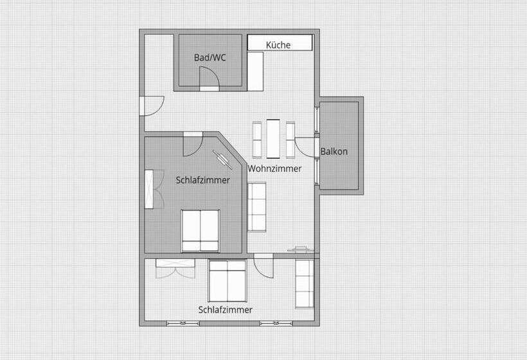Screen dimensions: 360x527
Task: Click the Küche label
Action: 278,45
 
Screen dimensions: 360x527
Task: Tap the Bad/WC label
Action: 210,58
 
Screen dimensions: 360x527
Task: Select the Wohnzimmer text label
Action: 274,168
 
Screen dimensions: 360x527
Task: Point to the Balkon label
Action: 334,152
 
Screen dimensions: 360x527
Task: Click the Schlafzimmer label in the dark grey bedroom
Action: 202,180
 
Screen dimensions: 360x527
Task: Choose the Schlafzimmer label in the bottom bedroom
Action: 225,309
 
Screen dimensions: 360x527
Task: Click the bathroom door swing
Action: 210,78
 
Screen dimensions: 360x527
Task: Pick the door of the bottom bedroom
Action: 264,266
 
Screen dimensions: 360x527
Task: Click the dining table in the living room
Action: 274,138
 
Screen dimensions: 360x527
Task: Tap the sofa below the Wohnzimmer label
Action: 257,206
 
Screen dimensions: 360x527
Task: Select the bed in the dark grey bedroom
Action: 201,231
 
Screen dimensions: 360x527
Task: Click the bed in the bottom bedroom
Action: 228,280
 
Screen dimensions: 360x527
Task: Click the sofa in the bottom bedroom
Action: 304,283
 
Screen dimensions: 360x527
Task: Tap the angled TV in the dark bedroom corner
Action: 223,159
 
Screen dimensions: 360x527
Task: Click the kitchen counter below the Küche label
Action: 256,71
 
